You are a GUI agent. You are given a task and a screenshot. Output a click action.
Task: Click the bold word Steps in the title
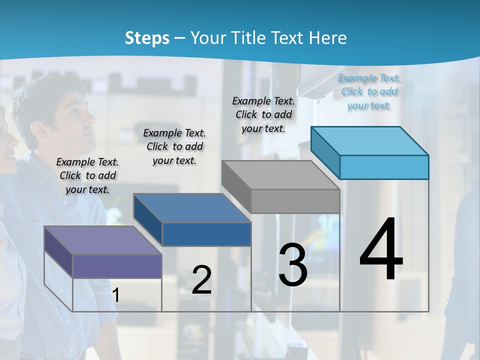click(x=147, y=38)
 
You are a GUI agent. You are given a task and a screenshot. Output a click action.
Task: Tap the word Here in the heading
click(x=328, y=38)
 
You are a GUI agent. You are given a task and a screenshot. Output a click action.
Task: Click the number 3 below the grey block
click(x=292, y=264)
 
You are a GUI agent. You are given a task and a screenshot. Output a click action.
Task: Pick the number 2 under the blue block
click(x=201, y=280)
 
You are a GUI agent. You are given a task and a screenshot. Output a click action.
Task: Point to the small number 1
click(x=116, y=295)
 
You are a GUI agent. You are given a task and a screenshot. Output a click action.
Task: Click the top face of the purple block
click(x=102, y=240)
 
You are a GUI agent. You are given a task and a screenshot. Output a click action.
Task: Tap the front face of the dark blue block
click(x=206, y=234)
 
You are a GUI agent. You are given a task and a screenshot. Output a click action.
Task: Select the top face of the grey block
click(x=280, y=175)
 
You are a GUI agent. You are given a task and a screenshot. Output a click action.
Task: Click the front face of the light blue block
click(x=384, y=167)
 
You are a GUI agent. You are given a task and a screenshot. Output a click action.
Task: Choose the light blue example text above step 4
click(x=369, y=92)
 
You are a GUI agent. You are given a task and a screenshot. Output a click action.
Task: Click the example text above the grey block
click(x=263, y=114)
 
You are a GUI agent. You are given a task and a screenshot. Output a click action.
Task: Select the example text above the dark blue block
click(x=174, y=146)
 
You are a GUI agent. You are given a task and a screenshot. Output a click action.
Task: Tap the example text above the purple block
click(x=87, y=175)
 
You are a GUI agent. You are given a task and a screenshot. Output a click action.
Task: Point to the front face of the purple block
click(x=117, y=266)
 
